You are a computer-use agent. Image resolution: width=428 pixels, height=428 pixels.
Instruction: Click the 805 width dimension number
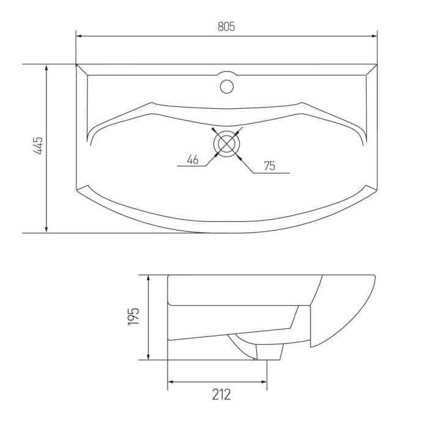click(x=226, y=27)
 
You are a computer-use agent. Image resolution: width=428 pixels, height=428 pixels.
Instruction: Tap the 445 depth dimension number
click(x=38, y=146)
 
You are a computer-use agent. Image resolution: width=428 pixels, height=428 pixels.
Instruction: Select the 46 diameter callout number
click(x=193, y=160)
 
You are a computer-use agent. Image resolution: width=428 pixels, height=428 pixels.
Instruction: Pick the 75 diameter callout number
click(x=270, y=166)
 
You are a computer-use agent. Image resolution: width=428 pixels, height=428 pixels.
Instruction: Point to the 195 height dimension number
click(x=133, y=316)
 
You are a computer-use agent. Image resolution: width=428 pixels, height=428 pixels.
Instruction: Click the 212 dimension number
click(x=221, y=394)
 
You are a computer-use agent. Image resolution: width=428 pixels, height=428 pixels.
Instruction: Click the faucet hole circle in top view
click(x=227, y=87)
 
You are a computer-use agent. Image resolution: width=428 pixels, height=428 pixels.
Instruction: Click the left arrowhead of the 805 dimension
click(x=79, y=35)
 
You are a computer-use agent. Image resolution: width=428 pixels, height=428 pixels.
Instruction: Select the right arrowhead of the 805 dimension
click(x=374, y=35)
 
